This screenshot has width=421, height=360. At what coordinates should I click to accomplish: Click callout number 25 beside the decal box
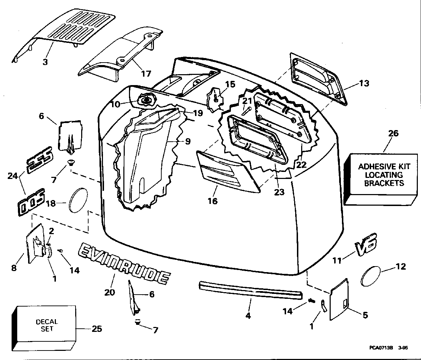coord(97,329)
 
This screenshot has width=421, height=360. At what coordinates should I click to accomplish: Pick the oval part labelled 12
coord(371,276)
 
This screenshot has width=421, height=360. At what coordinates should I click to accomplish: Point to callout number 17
coord(146,73)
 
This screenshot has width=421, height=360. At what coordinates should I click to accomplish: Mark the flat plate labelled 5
coord(339,298)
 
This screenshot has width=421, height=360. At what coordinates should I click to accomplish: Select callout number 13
coord(364,83)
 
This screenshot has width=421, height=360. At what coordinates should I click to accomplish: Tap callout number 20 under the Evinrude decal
coord(110,292)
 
